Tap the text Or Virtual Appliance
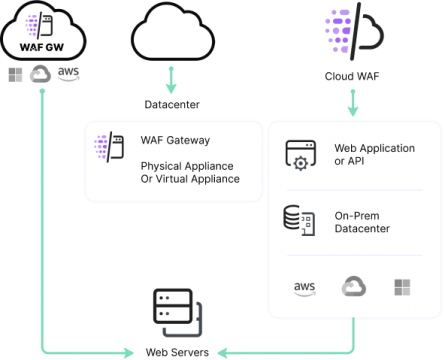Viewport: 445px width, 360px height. point(190,179)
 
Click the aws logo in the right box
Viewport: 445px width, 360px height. point(304,288)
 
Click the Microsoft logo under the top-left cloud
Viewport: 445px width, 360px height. point(15,74)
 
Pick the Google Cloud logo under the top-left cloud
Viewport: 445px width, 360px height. point(41,74)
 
